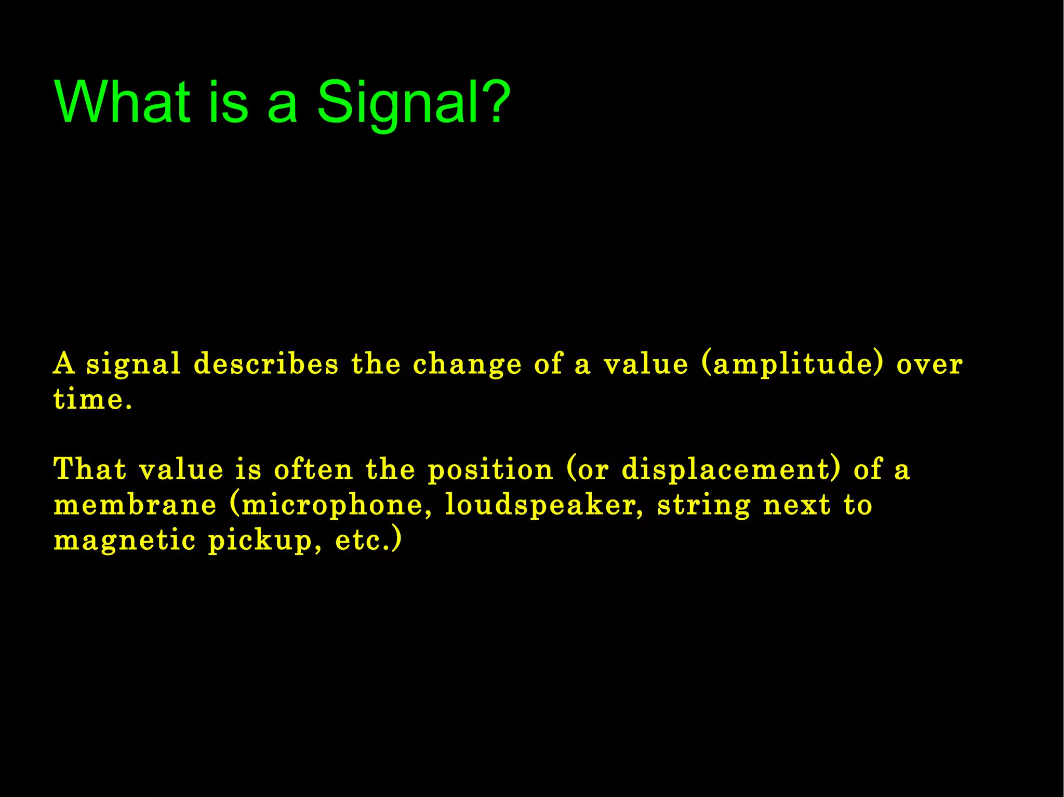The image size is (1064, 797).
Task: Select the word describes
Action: pyautogui.click(x=265, y=363)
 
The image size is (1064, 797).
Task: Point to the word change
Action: pyautogui.click(x=467, y=364)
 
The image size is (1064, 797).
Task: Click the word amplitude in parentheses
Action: pyautogui.click(x=792, y=364)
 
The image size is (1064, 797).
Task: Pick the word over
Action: pyautogui.click(x=929, y=364)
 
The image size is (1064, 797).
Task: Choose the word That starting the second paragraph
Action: pyautogui.click(x=90, y=469)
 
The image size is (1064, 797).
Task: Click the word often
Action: pyautogui.click(x=313, y=469)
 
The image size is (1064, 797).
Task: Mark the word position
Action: pyautogui.click(x=490, y=470)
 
